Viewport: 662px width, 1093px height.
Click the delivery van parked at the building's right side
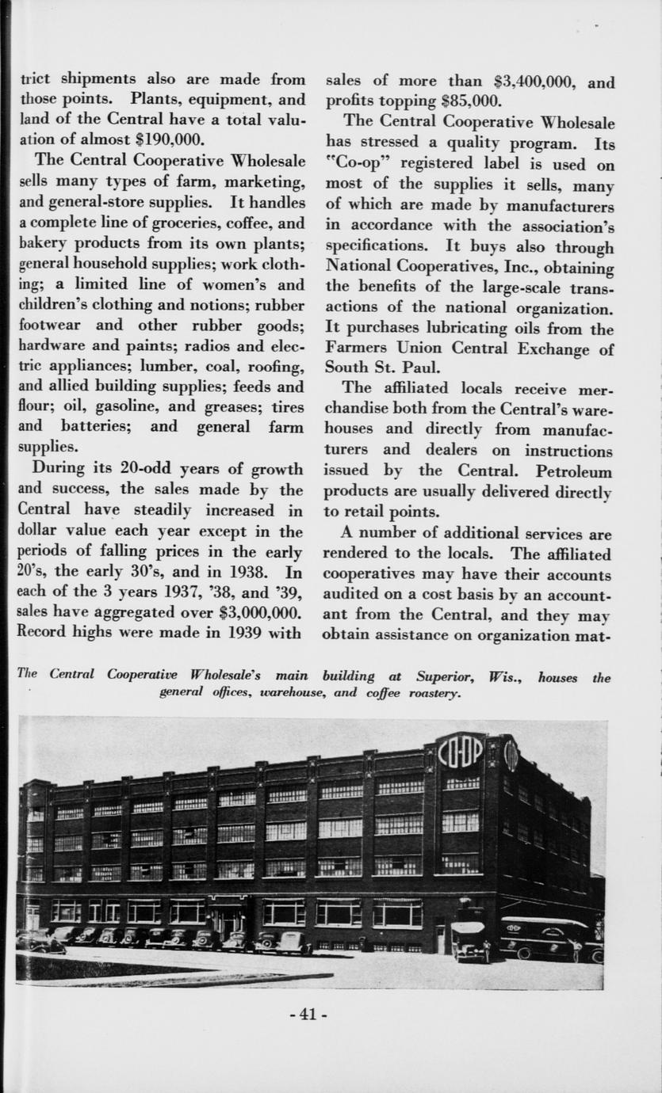[547, 938]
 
